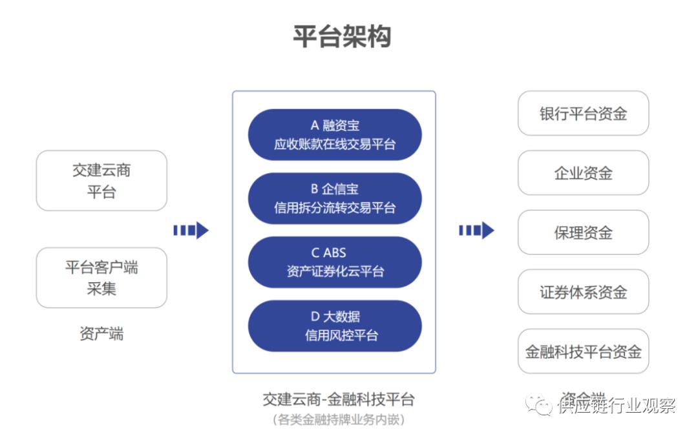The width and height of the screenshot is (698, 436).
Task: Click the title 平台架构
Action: (x=343, y=36)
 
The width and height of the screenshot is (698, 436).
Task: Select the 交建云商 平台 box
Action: (x=101, y=181)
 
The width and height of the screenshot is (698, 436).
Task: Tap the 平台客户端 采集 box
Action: (x=101, y=278)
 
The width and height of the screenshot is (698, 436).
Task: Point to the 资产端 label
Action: (x=101, y=334)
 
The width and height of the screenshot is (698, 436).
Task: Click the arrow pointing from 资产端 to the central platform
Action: (x=191, y=230)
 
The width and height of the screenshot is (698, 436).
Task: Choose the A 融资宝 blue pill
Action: (x=334, y=134)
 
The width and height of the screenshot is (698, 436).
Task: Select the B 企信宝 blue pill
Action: (x=334, y=198)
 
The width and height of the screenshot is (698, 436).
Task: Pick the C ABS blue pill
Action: (x=334, y=262)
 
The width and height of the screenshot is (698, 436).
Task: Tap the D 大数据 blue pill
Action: (x=334, y=326)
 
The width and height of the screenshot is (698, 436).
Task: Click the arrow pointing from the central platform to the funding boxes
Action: (x=476, y=230)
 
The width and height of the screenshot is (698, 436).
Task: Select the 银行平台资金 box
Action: (x=583, y=114)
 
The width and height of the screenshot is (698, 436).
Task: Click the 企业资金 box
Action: (x=583, y=173)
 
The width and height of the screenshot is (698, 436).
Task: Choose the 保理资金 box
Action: (x=583, y=233)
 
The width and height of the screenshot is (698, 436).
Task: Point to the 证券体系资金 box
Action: (x=583, y=292)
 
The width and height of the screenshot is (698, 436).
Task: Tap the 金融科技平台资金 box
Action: (x=583, y=351)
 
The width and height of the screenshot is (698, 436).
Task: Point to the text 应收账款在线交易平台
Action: (x=334, y=144)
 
